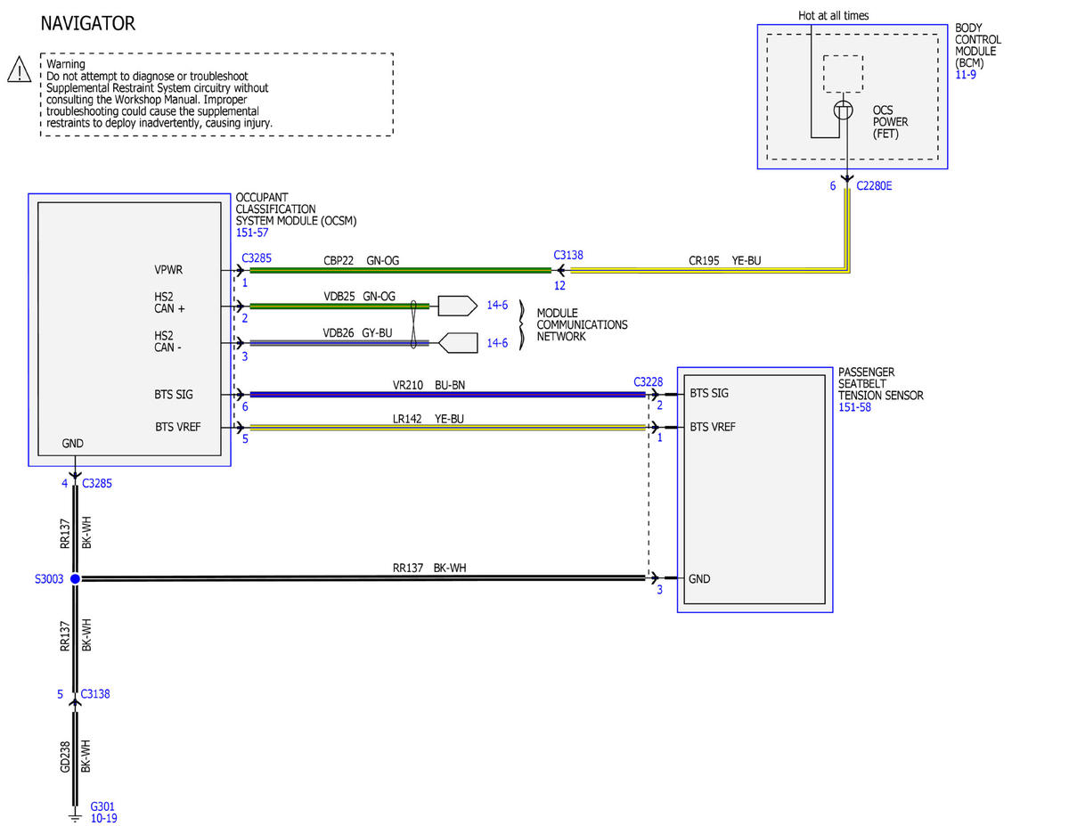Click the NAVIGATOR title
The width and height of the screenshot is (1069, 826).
click(87, 24)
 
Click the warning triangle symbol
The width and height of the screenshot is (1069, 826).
click(20, 70)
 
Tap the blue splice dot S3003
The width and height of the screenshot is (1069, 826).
click(75, 579)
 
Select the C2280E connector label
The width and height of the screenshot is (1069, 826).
click(874, 186)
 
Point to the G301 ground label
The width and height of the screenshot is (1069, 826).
click(102, 806)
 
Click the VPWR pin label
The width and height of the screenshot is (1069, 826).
click(168, 270)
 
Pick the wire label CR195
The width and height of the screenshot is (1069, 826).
click(704, 261)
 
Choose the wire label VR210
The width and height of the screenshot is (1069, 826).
click(407, 385)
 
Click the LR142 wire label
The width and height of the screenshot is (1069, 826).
click(407, 419)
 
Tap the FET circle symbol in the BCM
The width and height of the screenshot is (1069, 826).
click(844, 110)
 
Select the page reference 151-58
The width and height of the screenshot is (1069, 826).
click(854, 407)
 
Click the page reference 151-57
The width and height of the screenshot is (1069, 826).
click(252, 233)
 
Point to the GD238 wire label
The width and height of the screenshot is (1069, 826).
click(65, 756)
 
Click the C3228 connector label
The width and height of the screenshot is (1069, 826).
click(648, 382)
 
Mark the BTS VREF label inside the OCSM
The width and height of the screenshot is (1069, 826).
click(177, 427)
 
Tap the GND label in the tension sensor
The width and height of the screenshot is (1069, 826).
click(699, 579)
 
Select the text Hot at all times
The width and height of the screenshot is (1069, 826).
click(833, 16)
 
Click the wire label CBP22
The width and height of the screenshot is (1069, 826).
click(339, 261)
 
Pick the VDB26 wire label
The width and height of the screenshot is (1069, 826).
click(338, 333)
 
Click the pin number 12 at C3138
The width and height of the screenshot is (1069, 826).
click(559, 286)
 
